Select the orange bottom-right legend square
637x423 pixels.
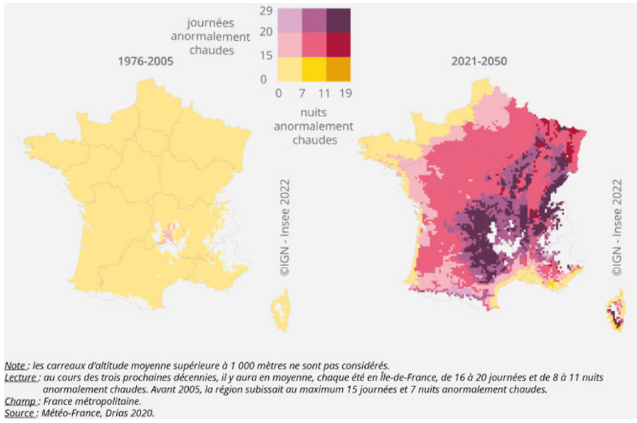338,68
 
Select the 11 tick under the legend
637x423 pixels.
326,93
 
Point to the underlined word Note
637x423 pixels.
15,365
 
